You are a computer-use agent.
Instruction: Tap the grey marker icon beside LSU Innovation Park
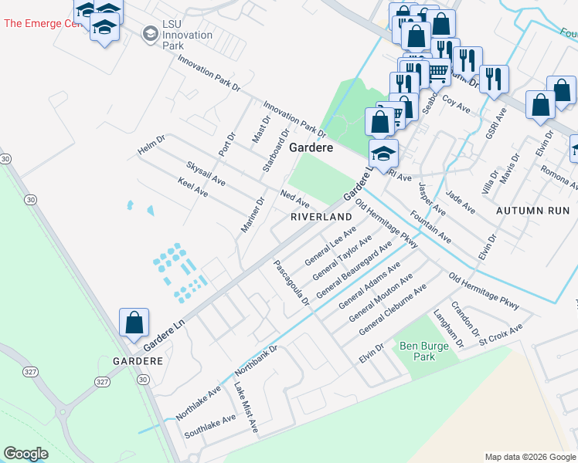click(151, 34)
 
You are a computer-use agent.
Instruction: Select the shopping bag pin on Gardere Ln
click(134, 323)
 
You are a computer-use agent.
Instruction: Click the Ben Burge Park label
click(424, 351)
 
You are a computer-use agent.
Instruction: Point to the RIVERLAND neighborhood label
click(321, 218)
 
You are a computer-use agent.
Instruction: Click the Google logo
click(25, 454)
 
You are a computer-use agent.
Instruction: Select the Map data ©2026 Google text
click(529, 457)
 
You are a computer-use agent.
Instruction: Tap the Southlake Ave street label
click(209, 427)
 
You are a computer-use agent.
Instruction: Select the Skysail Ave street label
click(206, 174)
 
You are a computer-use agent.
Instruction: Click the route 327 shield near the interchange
click(102, 382)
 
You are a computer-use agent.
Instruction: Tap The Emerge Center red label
click(42, 23)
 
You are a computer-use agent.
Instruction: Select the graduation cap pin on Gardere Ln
click(382, 154)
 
